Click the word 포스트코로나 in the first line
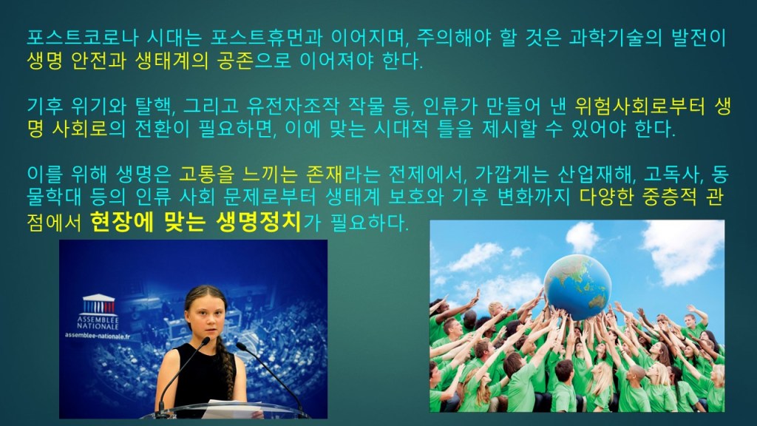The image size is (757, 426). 83,38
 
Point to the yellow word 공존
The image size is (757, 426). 235,61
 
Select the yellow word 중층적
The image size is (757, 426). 670,197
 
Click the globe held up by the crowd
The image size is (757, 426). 577,288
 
